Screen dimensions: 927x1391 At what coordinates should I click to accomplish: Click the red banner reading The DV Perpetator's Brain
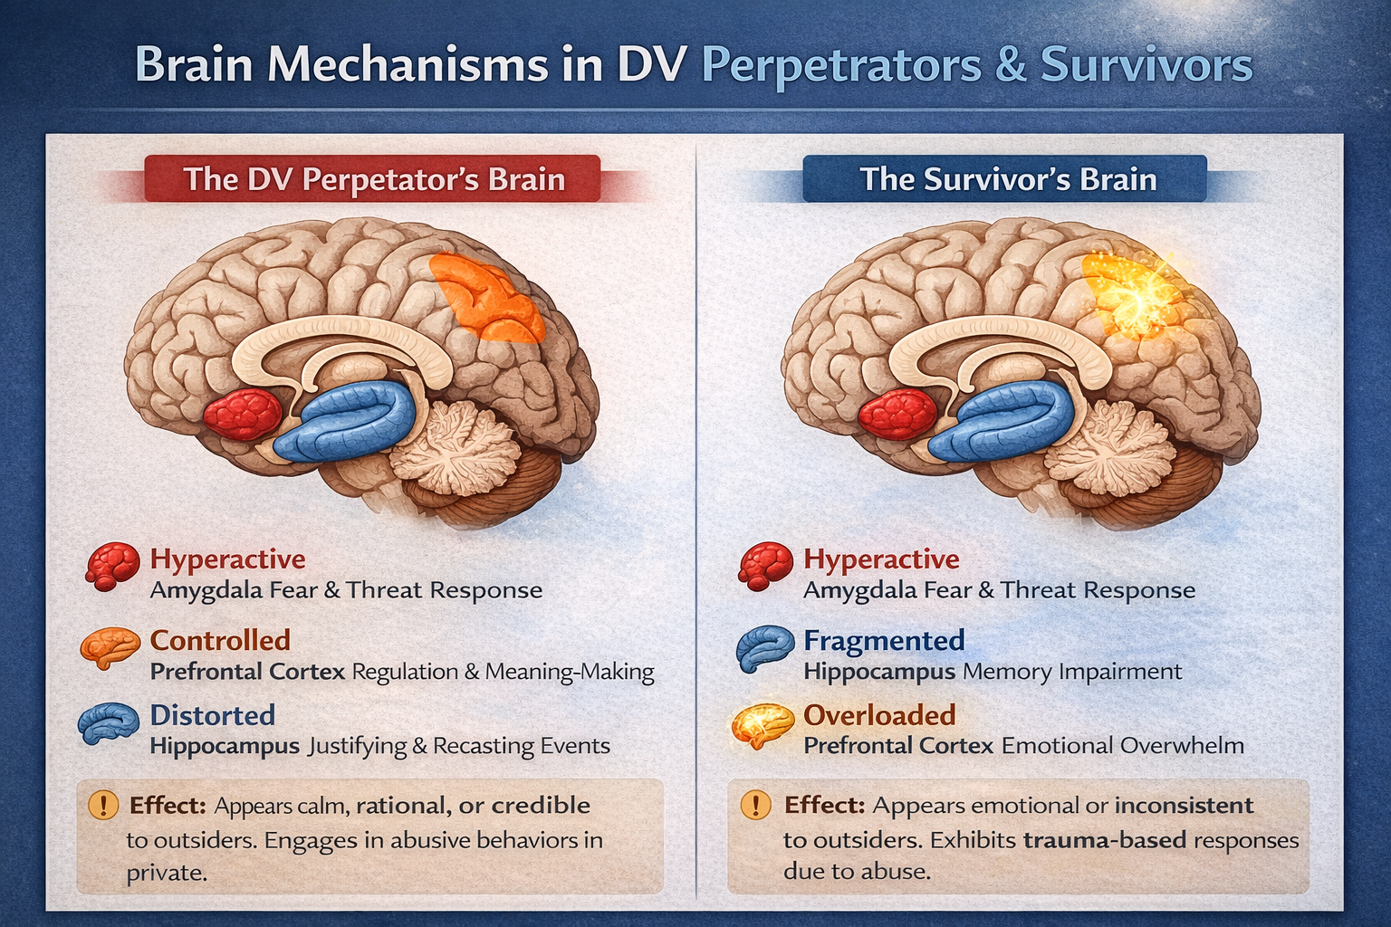[x=373, y=179]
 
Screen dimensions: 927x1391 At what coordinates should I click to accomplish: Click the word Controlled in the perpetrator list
[x=220, y=640]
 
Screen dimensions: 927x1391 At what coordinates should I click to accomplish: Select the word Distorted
[x=212, y=715]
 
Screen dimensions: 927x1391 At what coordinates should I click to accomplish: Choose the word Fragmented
[x=884, y=640]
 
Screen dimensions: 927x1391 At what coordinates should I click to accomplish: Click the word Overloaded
[x=879, y=715]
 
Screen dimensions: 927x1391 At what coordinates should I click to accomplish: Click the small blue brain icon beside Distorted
[x=108, y=723]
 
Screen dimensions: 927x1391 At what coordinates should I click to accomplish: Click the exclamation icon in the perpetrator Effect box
[x=103, y=804]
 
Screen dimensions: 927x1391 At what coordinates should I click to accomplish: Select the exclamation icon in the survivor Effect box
[x=755, y=804]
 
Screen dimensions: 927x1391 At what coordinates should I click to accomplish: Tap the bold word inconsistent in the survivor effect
[x=1184, y=806]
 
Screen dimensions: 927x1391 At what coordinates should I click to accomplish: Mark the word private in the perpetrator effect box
[x=166, y=874]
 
